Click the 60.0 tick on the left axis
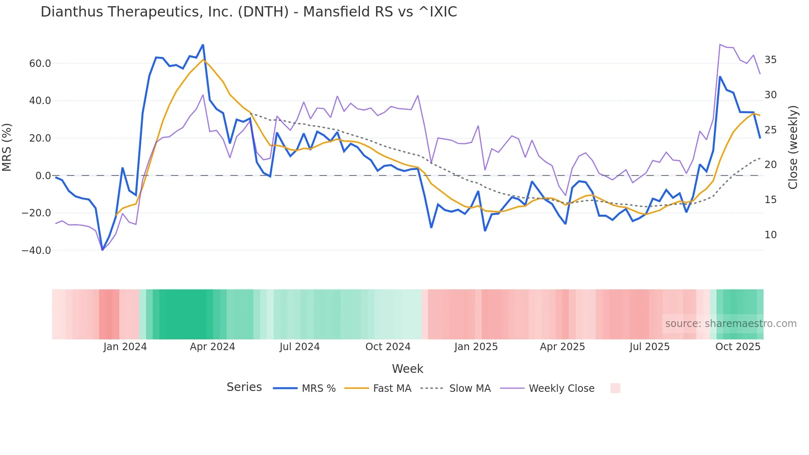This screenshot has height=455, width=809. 40,64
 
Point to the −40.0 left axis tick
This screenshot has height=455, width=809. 37,251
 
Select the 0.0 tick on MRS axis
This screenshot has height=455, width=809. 43,176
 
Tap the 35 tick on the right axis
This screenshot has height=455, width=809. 770,60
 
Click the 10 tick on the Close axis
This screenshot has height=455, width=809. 770,235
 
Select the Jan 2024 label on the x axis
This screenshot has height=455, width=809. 125,347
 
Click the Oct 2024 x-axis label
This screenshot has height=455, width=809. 388,347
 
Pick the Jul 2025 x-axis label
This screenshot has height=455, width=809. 649,347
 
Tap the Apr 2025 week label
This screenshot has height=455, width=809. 562,347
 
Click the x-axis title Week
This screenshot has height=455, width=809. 407,369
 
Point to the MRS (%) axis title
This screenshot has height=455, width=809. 7,147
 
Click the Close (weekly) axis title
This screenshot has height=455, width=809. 793,147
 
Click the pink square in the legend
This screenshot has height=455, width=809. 615,388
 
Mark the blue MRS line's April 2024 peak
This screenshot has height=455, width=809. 203,45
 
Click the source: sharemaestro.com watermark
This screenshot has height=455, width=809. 731,324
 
